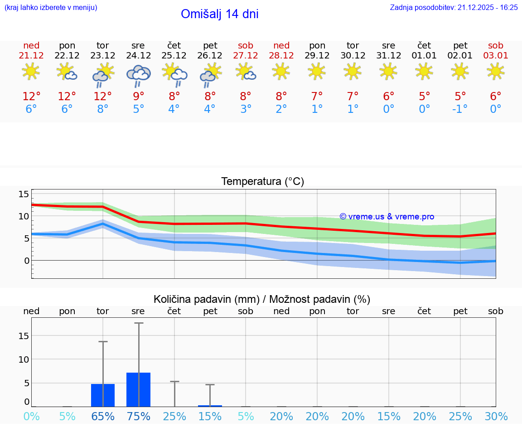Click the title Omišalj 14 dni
(x=219, y=14)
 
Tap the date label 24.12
(x=138, y=55)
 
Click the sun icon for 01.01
(x=424, y=71)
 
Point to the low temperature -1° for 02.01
(x=460, y=109)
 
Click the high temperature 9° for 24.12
(x=138, y=97)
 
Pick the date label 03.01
(x=495, y=55)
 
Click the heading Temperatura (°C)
(x=262, y=182)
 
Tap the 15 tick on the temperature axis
(x=24, y=194)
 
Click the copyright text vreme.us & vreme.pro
(x=387, y=217)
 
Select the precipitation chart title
(x=262, y=299)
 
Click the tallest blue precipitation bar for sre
(x=138, y=389)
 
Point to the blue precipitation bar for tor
(x=103, y=395)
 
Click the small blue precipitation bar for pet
(x=210, y=406)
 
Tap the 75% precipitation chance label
(x=138, y=417)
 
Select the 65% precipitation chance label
(x=103, y=417)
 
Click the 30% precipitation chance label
(x=496, y=417)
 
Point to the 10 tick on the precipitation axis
(x=24, y=359)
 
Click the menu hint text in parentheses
(x=50, y=7)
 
